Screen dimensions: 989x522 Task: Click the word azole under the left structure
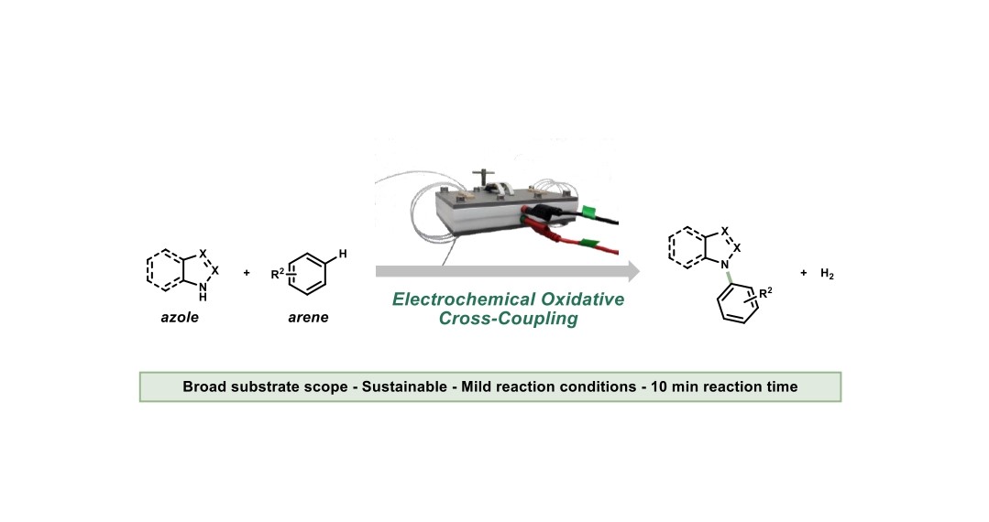[180, 317]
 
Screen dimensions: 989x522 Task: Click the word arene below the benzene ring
[308, 317]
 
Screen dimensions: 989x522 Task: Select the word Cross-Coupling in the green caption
[509, 319]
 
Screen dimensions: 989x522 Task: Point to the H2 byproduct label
[827, 274]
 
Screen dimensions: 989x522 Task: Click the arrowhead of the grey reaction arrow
[633, 272]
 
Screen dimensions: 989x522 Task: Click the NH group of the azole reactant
[203, 291]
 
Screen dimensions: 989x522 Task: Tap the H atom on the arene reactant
[343, 254]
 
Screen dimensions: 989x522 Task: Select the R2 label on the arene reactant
[278, 274]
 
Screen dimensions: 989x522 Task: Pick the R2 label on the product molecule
[765, 293]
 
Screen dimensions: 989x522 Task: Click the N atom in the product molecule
[725, 266]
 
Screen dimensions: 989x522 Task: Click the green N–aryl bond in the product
[729, 278]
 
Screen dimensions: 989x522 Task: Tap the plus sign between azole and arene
[247, 273]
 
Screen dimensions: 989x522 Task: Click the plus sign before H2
[804, 273]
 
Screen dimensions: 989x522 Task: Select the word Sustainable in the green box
[404, 386]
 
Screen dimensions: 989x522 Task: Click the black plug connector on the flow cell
[541, 212]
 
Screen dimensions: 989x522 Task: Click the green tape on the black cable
[589, 212]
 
